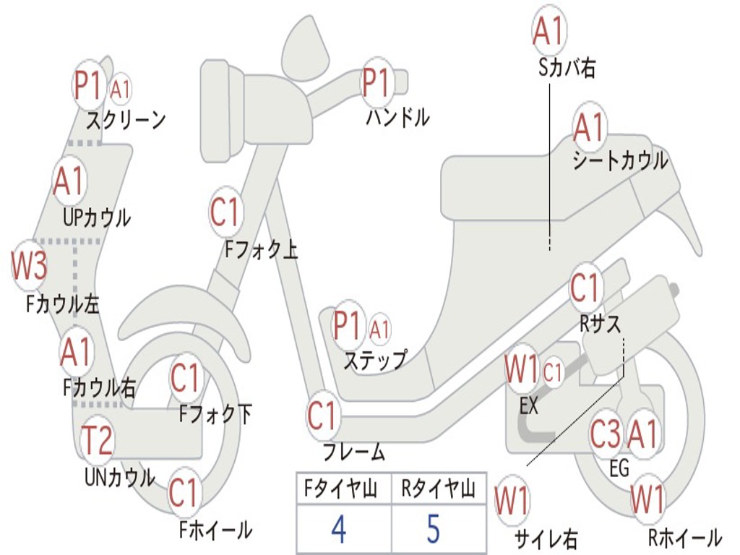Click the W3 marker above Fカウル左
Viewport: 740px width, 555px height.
pos(30,266)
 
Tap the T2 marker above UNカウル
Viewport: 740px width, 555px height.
pos(96,440)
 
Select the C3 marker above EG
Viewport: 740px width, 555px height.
pos(606,434)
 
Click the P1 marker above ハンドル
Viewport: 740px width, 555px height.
pos(376,83)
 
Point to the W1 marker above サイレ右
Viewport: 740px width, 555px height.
pos(512,499)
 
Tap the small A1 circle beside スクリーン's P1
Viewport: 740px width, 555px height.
pos(121,89)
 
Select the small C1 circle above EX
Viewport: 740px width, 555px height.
pos(553,373)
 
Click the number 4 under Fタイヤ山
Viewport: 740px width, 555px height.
pos(338,529)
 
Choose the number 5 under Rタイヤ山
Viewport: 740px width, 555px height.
pos(433,529)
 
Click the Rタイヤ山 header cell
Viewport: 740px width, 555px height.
pos(438,490)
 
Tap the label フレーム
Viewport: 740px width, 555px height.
pos(353,453)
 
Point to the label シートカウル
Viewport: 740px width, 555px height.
pos(620,160)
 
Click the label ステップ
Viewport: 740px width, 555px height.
pos(375,359)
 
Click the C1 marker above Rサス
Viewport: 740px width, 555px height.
pos(585,288)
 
